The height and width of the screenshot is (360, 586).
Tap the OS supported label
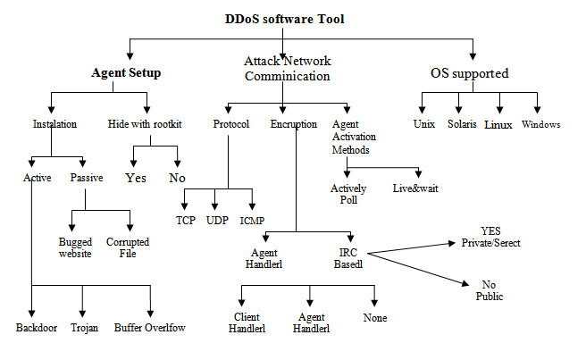coord(469,73)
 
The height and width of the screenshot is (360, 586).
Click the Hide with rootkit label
coord(145,124)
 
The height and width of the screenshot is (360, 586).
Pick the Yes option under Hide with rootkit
coord(136,177)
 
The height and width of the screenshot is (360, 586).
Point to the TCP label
coord(185,220)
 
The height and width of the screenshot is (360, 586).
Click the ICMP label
coord(252,220)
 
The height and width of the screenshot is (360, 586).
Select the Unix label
coord(423,124)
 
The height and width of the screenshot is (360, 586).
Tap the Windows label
coord(541,124)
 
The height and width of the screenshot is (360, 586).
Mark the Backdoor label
coord(37,328)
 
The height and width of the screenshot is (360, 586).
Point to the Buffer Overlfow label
coord(149,328)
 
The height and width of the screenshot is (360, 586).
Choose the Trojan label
coord(84,328)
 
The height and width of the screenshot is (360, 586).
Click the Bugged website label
coord(75,247)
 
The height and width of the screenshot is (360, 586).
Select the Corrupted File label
coord(128,247)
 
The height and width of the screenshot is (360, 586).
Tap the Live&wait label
coord(415,188)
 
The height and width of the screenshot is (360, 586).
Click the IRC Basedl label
coord(346,258)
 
